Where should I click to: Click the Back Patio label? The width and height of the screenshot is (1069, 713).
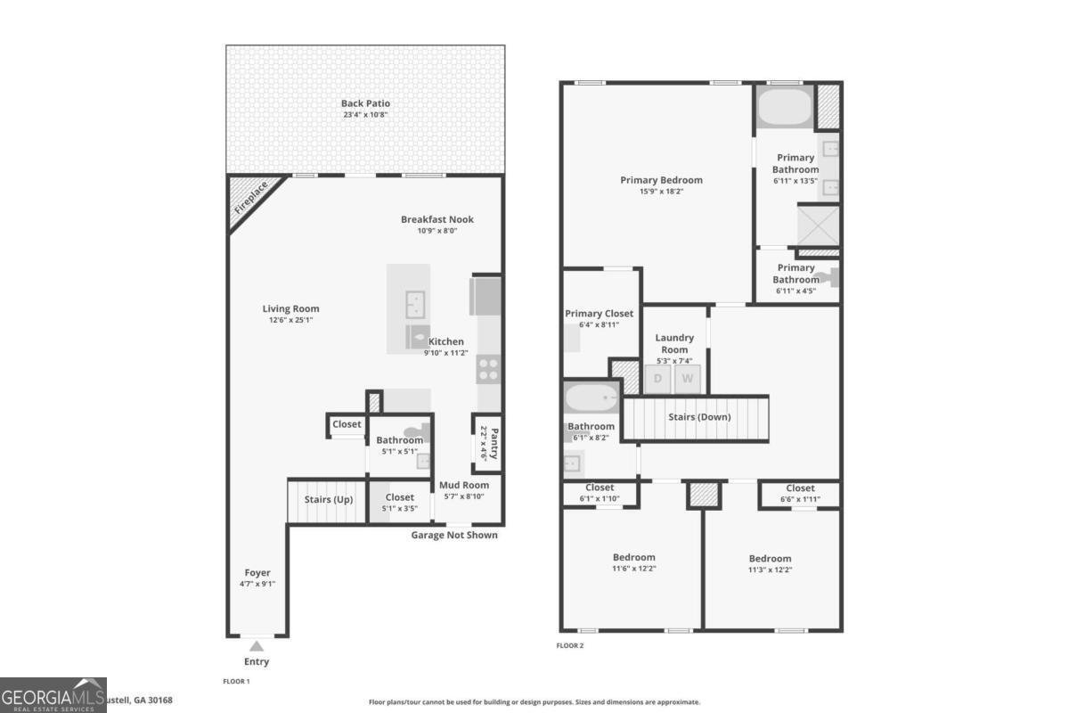pyautogui.click(x=365, y=103)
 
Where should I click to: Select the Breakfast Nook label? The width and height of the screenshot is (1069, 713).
pyautogui.click(x=437, y=219)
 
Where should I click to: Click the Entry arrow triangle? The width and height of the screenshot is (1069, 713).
pyautogui.click(x=257, y=646)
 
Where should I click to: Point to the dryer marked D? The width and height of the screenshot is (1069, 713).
pyautogui.click(x=658, y=379)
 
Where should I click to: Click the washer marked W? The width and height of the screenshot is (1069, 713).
pyautogui.click(x=687, y=379)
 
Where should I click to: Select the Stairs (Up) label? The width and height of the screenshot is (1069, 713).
pyautogui.click(x=329, y=499)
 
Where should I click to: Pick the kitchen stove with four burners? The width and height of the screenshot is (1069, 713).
pyautogui.click(x=489, y=369)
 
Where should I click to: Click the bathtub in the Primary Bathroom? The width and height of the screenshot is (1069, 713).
pyautogui.click(x=784, y=107)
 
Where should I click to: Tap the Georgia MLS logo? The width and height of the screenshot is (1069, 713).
pyautogui.click(x=53, y=695)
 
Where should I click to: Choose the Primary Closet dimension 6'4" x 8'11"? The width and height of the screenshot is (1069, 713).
pyautogui.click(x=599, y=324)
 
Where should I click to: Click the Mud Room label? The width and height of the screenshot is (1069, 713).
pyautogui.click(x=463, y=485)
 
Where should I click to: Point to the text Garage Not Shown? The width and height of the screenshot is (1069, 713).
pyautogui.click(x=453, y=535)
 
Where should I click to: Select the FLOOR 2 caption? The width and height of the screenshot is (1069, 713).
pyautogui.click(x=569, y=645)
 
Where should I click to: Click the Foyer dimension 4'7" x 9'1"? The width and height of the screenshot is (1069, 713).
pyautogui.click(x=257, y=584)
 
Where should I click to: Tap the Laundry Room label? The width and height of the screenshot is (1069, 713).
pyautogui.click(x=674, y=343)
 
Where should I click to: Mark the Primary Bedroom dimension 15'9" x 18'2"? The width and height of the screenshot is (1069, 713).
pyautogui.click(x=661, y=191)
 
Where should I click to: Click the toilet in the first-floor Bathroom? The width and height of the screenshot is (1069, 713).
pyautogui.click(x=422, y=433)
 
